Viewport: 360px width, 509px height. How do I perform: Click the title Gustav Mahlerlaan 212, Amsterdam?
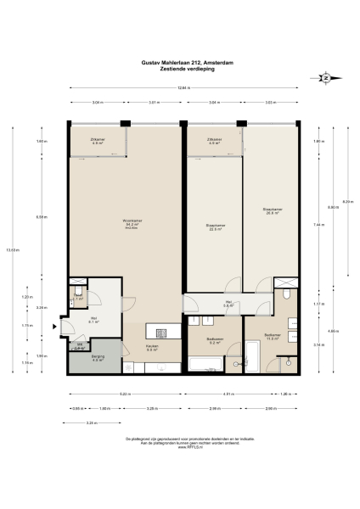[180, 61]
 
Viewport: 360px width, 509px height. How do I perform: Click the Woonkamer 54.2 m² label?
[132, 223]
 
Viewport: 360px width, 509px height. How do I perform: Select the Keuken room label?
[152, 348]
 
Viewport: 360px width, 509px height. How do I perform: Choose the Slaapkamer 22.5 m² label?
[216, 227]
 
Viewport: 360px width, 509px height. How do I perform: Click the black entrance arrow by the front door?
[56, 324]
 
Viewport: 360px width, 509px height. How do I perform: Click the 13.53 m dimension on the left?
[11, 249]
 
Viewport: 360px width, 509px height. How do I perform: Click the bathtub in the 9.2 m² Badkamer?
[205, 365]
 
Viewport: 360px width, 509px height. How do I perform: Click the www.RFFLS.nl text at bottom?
[180, 447]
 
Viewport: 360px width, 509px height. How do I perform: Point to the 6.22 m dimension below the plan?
[124, 394]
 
